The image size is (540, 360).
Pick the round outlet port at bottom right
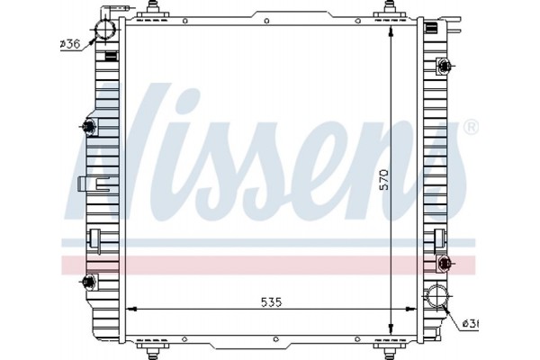[x=437, y=296]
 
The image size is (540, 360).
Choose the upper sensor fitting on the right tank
[x=444, y=66]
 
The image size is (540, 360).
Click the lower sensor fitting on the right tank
[x=444, y=262]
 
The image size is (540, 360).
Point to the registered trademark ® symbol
[x=470, y=129]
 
